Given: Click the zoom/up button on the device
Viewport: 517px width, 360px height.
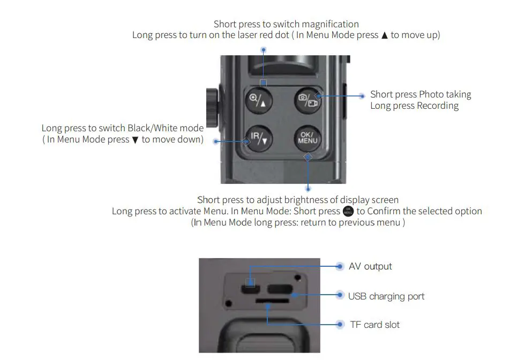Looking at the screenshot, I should tap(260, 100).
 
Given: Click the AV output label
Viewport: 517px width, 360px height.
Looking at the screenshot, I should tap(370, 266).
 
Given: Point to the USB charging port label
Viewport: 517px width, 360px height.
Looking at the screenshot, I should tap(386, 296).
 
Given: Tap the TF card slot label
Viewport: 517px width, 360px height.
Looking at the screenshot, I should tap(374, 325).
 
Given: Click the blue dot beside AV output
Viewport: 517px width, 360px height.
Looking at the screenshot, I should tap(339, 266).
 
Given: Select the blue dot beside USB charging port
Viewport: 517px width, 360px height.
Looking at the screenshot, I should tap(339, 295).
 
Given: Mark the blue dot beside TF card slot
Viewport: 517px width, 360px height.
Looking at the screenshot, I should tap(339, 324).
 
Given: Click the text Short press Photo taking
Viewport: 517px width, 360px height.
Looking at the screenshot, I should tap(421, 94).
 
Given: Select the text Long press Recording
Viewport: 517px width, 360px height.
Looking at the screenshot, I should tap(414, 106).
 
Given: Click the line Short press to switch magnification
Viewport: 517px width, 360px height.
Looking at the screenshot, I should tap(286, 24).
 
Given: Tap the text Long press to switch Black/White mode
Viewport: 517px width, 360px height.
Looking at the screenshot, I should tap(123, 128).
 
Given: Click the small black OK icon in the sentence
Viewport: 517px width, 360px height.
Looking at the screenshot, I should tap(348, 211).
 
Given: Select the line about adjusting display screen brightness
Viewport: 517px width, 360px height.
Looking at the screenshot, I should tap(298, 200).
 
